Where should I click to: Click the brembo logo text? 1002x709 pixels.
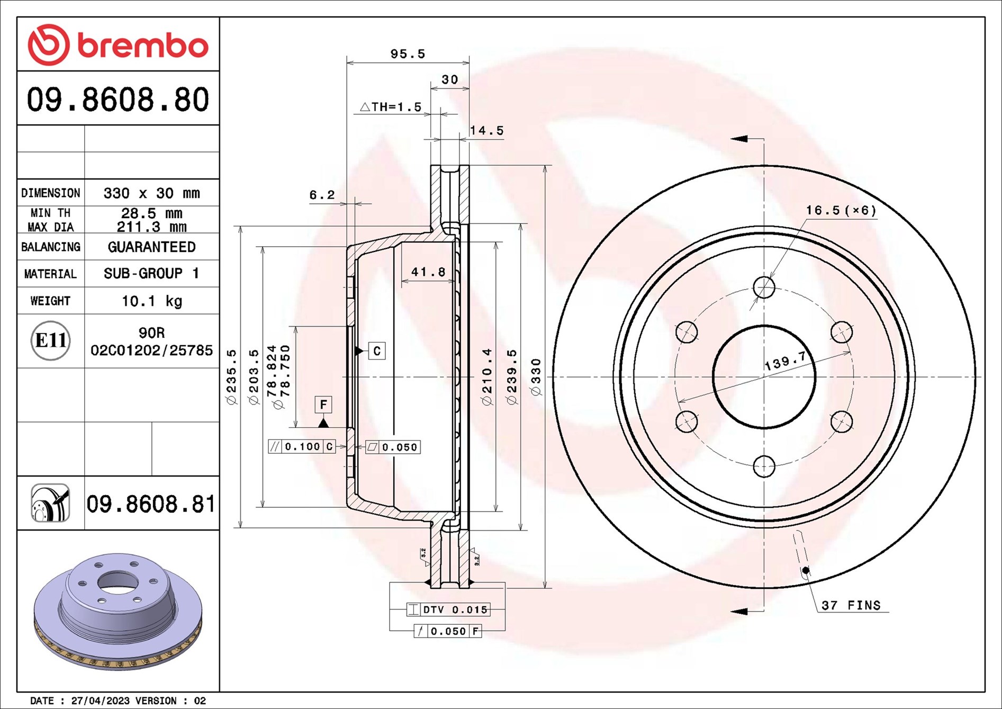[x=143, y=46]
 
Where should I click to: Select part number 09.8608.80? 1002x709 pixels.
[x=118, y=100]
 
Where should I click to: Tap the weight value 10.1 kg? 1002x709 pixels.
[x=152, y=301]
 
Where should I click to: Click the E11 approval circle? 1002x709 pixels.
[x=50, y=340]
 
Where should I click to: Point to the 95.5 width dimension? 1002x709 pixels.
[x=408, y=53]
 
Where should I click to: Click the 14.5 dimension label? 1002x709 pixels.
[x=487, y=130]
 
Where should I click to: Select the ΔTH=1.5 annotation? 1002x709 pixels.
[x=391, y=107]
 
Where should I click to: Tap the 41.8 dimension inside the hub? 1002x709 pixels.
[x=428, y=272]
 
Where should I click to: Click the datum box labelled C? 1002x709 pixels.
[x=377, y=351]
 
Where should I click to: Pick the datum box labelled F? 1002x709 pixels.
[x=323, y=405]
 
